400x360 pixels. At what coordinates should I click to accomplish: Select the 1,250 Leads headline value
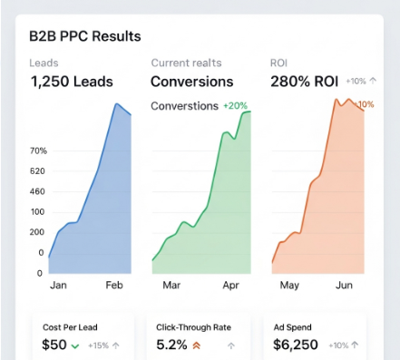72,82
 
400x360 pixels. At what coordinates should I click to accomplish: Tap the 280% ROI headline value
305,82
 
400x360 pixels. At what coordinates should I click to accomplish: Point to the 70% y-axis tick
38,151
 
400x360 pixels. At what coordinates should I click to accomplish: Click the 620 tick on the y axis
37,170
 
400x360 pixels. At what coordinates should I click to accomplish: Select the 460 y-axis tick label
37,191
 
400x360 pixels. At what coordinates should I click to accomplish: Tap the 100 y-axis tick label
37,211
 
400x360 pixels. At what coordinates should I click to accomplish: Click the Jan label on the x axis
58,285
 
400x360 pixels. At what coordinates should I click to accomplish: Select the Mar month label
171,285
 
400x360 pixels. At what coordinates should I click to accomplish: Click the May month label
289,285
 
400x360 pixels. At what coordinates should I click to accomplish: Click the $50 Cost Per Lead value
54,345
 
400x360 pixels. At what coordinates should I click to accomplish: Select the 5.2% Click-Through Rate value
173,345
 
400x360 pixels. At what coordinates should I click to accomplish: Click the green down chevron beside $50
75,345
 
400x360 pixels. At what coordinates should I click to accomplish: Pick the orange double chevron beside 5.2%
196,345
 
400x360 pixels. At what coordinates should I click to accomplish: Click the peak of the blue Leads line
116,104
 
